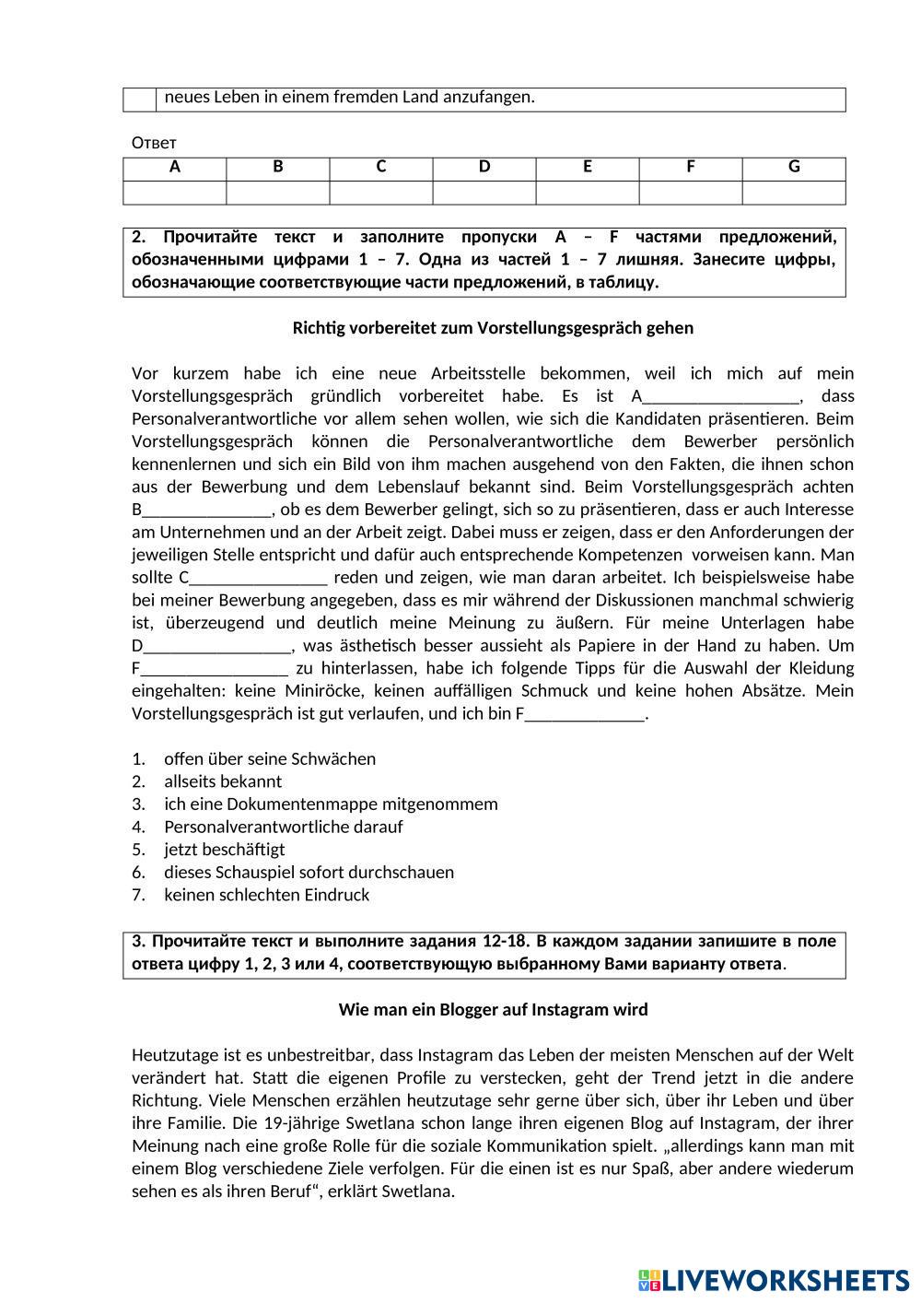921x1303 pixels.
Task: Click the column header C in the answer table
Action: point(380,167)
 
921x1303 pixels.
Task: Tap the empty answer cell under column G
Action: point(794,192)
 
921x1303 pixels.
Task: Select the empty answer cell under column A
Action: point(175,192)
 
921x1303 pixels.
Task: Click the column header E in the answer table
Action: point(588,167)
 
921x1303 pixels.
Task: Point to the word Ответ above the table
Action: point(154,143)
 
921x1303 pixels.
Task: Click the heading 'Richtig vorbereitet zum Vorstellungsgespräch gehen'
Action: point(493,328)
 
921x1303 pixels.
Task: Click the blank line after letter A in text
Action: point(720,398)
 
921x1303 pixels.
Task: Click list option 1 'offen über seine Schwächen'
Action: point(270,759)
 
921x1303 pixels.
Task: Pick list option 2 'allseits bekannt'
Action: point(223,781)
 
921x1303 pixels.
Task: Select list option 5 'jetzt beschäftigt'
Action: point(225,850)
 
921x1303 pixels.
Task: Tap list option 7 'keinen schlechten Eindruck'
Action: point(266,895)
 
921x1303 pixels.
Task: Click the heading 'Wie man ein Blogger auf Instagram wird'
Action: point(493,1010)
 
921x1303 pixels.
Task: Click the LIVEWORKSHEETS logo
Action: point(773,1280)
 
